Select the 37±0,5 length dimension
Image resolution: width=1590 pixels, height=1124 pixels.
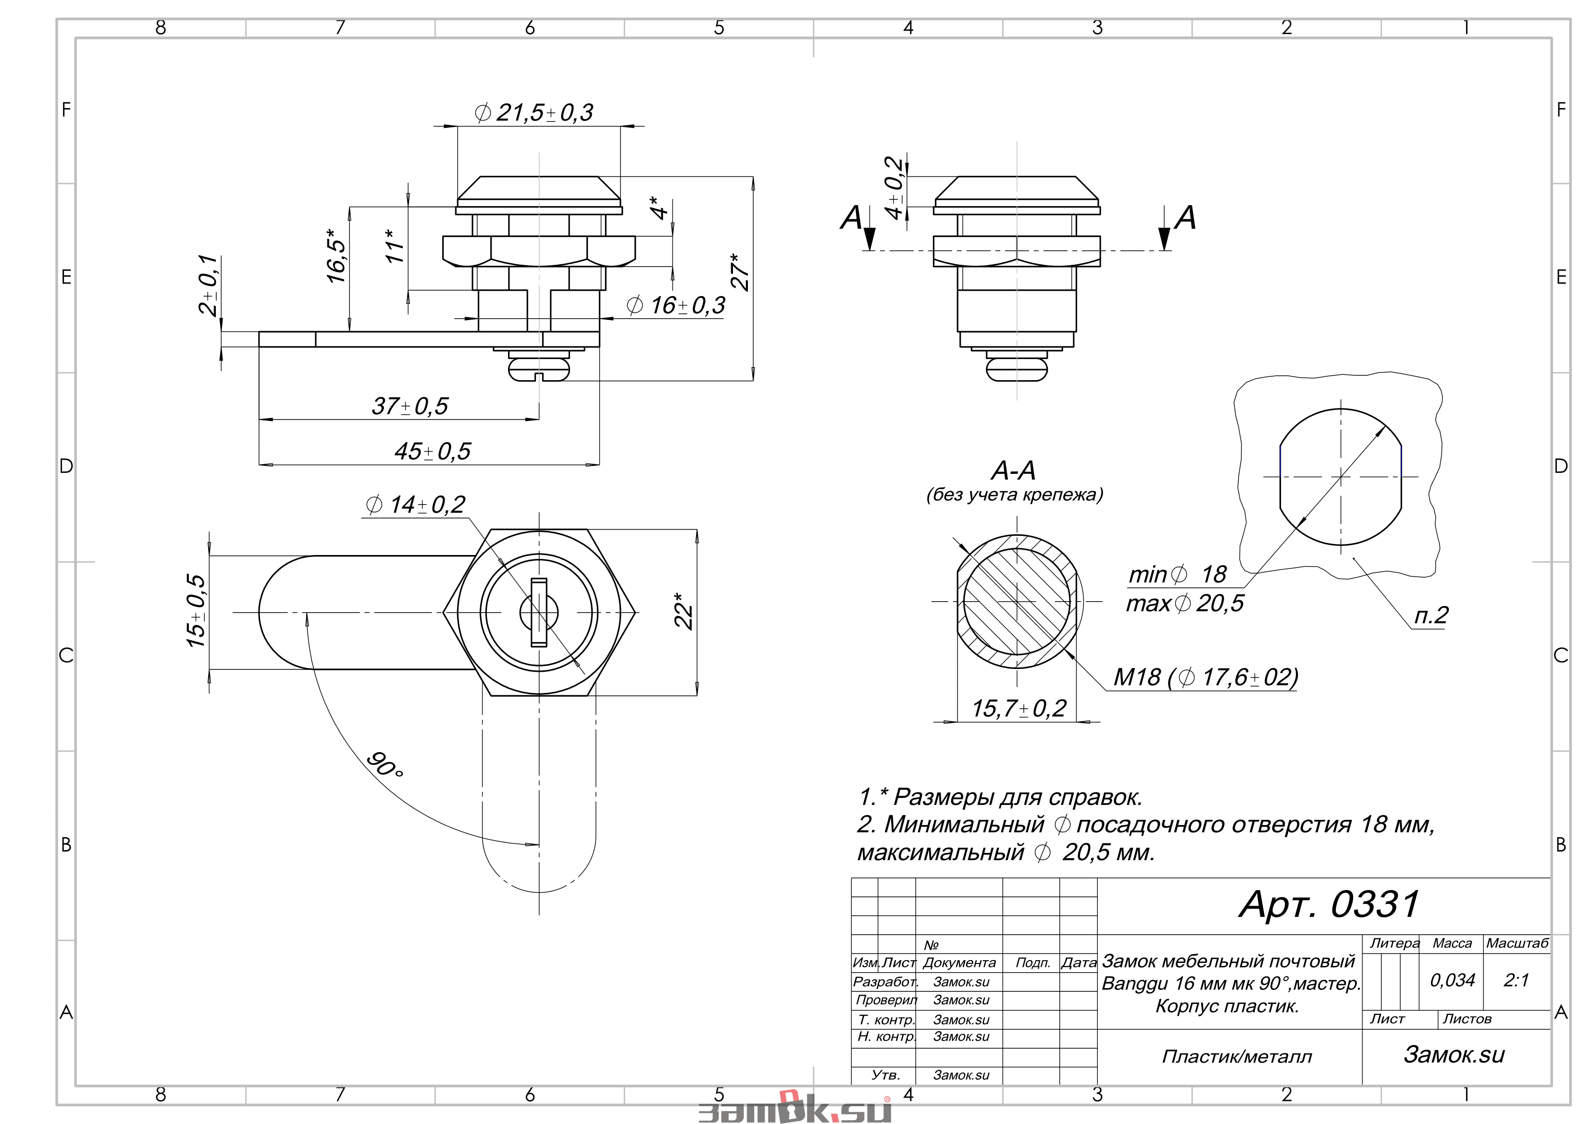(410, 406)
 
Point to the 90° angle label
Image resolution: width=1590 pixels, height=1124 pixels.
(385, 765)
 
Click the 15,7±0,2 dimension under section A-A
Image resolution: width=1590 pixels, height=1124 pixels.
(1018, 708)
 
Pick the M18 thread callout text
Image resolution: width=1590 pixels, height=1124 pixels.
(1205, 677)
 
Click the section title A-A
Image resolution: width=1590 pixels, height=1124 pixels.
(1013, 471)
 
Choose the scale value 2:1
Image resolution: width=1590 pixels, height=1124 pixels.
(1516, 980)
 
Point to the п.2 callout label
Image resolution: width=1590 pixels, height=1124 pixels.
(1431, 615)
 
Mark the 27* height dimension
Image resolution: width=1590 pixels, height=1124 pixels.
(740, 272)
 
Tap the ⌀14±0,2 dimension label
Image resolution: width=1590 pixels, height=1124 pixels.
(415, 505)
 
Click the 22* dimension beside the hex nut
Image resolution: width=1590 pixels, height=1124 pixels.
(683, 611)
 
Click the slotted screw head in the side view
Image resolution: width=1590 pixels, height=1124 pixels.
(539, 369)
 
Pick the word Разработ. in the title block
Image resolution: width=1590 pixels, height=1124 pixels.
(885, 981)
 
